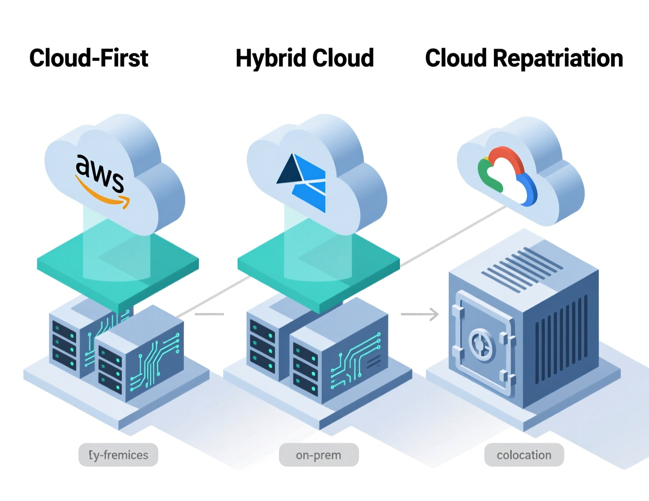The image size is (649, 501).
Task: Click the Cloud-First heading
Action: coord(89,58)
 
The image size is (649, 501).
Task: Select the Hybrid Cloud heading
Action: coord(305,58)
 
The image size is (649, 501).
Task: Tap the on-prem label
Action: coord(318,455)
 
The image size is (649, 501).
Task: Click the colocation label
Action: coord(524,455)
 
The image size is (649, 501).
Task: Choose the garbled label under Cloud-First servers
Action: coord(118,455)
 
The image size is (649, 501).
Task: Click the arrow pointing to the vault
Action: coord(420,314)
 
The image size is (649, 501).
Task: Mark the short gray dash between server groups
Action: coord(209,314)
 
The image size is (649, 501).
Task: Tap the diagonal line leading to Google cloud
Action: coord(454,236)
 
